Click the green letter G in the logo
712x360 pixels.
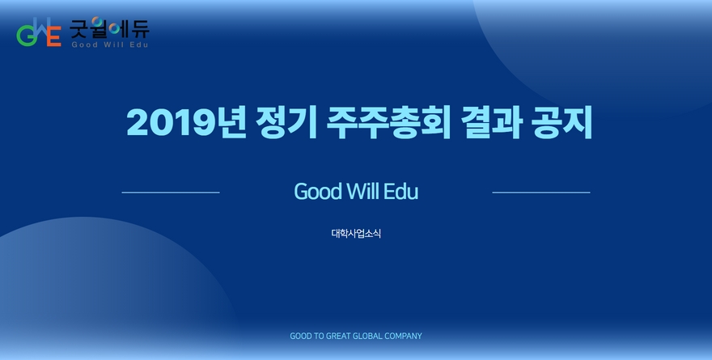[25, 36]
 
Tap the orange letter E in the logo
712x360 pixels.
[53, 36]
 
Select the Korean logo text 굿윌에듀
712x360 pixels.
[109, 28]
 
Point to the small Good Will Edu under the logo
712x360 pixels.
[110, 44]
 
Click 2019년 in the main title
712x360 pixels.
[186, 122]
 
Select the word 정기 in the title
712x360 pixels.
[286, 122]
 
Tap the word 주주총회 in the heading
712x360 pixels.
[388, 122]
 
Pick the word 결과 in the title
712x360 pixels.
[491, 122]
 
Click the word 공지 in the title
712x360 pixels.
[562, 122]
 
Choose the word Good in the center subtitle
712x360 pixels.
[318, 192]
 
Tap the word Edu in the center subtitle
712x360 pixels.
[401, 191]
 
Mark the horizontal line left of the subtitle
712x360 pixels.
[171, 193]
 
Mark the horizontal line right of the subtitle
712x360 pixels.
[541, 193]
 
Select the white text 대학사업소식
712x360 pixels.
[356, 233]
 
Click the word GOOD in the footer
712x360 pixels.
[301, 336]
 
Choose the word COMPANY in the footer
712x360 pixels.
[403, 336]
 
